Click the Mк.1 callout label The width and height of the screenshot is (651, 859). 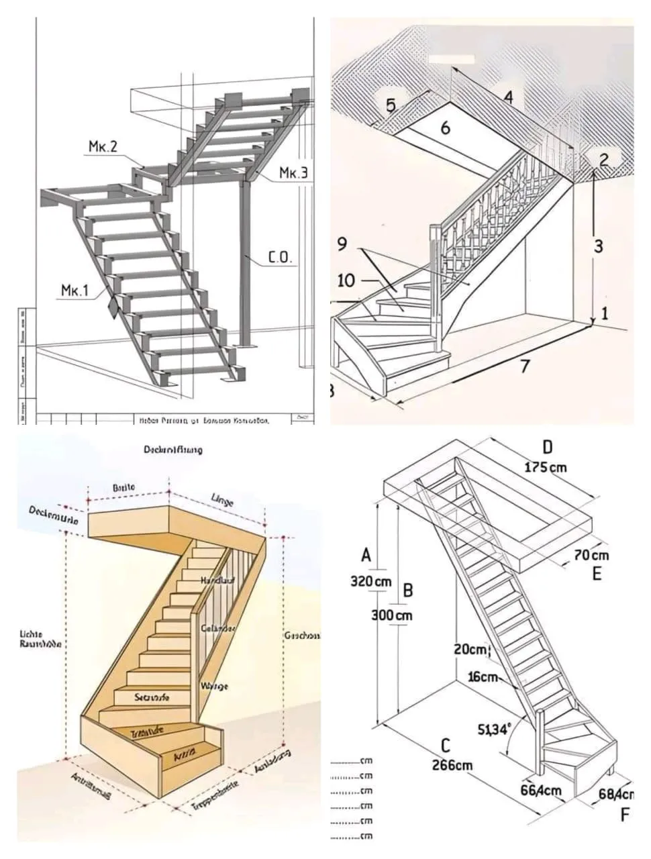point(74,291)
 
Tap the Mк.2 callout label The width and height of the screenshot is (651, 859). point(103,146)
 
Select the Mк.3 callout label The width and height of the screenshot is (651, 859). point(293,174)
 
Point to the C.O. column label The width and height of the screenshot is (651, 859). point(280,257)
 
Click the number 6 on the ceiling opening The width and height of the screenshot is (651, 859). point(445,128)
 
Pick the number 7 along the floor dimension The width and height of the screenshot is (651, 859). point(525,366)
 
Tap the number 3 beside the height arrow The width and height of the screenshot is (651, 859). point(598,246)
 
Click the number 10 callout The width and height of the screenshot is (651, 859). point(346,280)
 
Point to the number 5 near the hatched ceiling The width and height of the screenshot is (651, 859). point(391,105)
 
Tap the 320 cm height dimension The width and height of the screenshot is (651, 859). point(371,581)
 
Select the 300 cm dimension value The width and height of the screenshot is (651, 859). point(392,615)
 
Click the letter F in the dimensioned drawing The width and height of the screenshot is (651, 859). point(625,815)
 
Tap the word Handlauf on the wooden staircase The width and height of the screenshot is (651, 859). point(215,579)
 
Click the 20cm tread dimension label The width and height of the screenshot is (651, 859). point(470,650)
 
